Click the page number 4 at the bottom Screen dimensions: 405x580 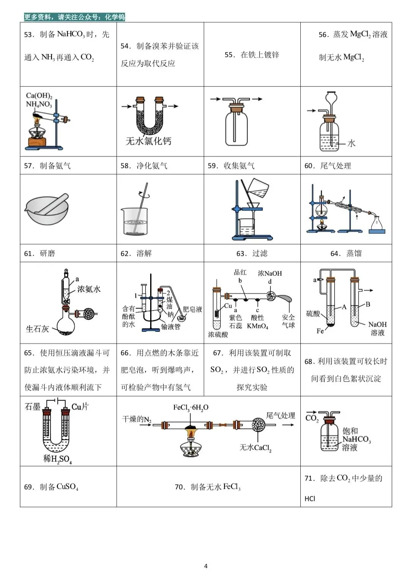coord(206,566)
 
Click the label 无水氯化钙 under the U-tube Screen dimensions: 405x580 coord(149,141)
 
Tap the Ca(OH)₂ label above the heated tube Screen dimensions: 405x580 coord(39,96)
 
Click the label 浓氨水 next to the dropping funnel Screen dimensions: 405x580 coord(89,289)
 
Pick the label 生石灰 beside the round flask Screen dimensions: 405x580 coord(37,329)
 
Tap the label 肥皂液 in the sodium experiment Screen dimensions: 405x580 coord(192,309)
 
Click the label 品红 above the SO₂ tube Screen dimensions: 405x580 coord(240,272)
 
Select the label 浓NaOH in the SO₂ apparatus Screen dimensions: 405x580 coord(270,274)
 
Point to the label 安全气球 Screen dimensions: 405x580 coord(288,321)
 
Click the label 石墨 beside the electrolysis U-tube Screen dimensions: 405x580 coord(32,406)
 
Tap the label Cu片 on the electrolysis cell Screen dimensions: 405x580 coord(80,406)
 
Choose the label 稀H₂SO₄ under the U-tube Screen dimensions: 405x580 coord(57,459)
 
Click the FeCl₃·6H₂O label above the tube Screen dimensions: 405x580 coord(191,408)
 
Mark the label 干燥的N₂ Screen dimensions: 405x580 coord(137,419)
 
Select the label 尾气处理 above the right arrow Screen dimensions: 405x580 coord(281,416)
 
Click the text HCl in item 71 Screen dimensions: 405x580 coord(310,499)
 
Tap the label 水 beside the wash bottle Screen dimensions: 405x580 coord(351,143)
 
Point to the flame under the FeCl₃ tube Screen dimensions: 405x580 coord(190,433)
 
